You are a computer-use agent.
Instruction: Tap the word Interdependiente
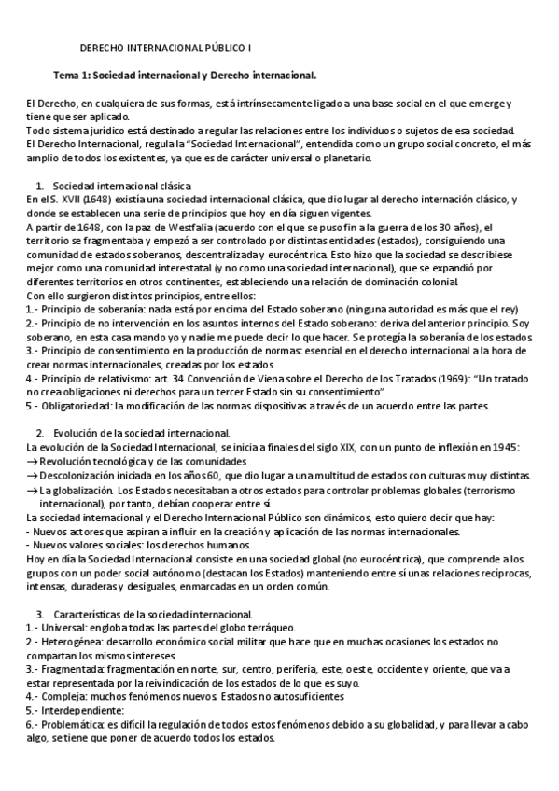click(59, 710)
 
